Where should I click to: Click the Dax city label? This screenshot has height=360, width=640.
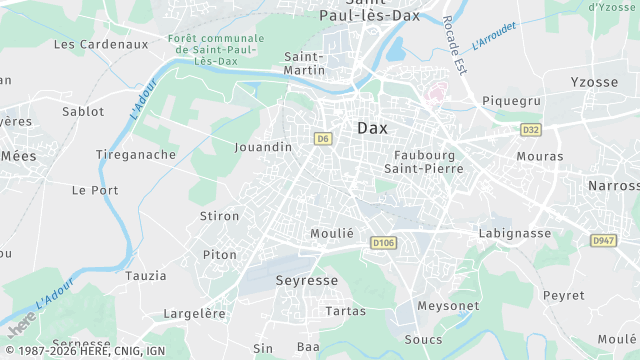372,128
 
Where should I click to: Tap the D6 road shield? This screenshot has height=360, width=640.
322,139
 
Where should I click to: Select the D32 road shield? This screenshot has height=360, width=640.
531,129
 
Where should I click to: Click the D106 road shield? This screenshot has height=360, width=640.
383,242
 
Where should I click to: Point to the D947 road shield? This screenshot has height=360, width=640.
603,240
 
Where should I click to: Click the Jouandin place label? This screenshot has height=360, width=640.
263,147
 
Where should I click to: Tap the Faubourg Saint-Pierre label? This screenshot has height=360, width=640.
425,162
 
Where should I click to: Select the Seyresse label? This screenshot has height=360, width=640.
307,281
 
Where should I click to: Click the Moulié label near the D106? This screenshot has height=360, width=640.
333,233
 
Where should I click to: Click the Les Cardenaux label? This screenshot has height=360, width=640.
100,44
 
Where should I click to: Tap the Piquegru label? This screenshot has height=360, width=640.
511,101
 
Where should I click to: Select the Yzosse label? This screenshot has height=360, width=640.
594,82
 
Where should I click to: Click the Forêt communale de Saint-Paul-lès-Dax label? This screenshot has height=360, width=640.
217,50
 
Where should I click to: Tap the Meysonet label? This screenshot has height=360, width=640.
448,305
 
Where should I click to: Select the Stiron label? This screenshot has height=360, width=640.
220,216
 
